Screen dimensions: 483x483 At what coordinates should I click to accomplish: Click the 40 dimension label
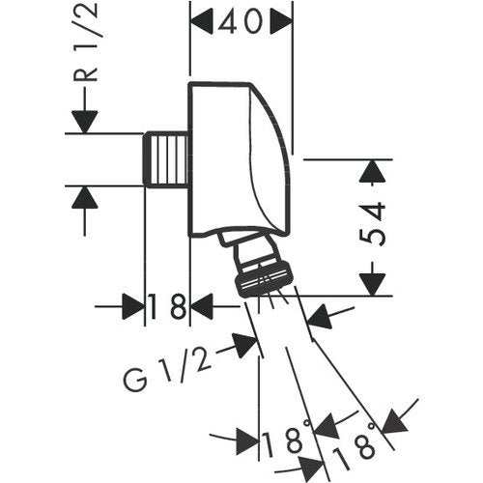[239, 21]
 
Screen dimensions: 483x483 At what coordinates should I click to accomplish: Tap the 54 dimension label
[372, 224]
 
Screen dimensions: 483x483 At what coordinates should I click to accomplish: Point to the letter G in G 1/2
[135, 380]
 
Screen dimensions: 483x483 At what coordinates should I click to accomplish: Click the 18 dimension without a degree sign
[167, 306]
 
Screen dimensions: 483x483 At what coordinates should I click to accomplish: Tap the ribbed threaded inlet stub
[165, 159]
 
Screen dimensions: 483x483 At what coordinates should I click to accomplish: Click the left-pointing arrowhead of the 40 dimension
[202, 21]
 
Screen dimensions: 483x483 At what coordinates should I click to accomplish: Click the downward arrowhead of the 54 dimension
[373, 284]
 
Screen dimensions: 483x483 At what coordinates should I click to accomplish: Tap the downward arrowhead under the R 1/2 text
[85, 122]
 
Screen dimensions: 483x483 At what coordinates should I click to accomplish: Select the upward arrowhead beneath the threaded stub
[85, 197]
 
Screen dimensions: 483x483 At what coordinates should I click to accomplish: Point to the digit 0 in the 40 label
[251, 21]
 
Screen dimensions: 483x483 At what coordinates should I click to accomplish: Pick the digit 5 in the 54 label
[373, 237]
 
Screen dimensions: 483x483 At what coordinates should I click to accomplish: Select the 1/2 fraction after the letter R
[86, 26]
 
